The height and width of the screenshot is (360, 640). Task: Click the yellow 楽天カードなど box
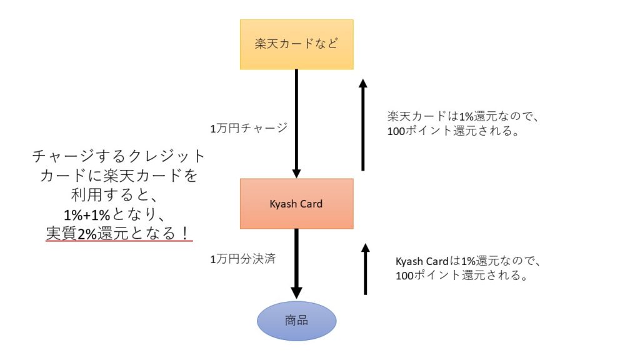point(296,44)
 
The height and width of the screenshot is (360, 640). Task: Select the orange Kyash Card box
point(296,204)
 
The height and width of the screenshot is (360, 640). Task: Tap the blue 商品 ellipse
point(296,321)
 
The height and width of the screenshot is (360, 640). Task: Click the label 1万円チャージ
point(249,128)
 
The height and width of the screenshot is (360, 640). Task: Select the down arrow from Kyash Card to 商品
point(296,262)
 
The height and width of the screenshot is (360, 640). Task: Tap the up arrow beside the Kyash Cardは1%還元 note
point(365,269)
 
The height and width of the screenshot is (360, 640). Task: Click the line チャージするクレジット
point(118,156)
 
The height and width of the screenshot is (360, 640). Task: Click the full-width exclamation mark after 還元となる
point(185,232)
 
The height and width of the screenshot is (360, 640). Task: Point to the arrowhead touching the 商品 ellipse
point(296,292)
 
